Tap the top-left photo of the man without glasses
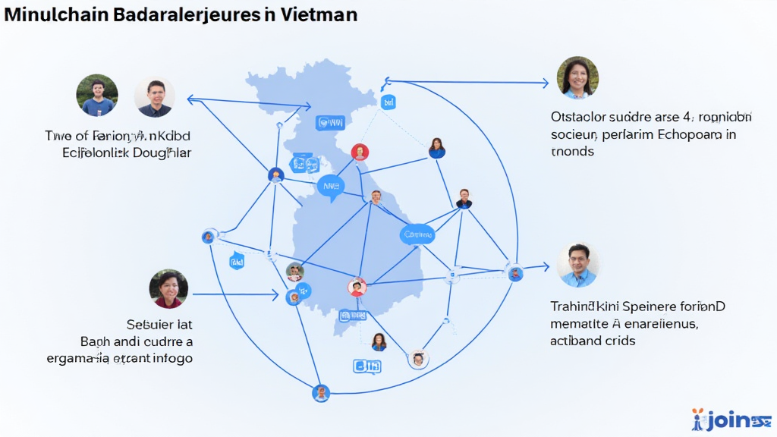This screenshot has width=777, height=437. tap(97, 95)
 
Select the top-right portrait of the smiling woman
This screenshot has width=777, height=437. tap(577, 77)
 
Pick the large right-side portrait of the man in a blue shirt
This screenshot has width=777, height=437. tap(577, 265)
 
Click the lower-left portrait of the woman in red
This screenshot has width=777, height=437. tap(168, 289)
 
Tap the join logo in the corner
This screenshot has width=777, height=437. tap(730, 420)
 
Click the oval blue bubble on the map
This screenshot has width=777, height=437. tap(417, 235)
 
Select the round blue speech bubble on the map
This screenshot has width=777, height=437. tap(330, 185)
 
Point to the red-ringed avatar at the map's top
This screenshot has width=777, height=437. tap(360, 152)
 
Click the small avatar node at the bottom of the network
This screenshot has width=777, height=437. tap(321, 393)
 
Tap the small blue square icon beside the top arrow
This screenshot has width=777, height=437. tap(388, 102)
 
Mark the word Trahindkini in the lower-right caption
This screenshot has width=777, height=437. tap(584, 307)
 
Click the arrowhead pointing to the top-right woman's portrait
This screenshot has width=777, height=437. tap(544, 83)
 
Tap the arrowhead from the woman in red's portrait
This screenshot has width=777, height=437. tap(275, 294)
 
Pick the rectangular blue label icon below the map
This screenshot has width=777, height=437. tap(366, 367)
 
